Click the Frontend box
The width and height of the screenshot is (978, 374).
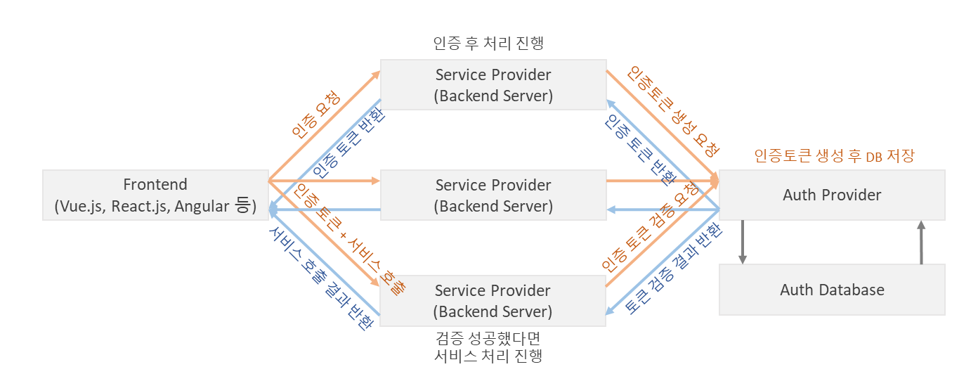[x=155, y=195]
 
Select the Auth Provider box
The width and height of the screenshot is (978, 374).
[x=832, y=195]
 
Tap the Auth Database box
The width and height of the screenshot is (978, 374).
[x=832, y=289]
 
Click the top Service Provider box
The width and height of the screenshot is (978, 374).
[x=493, y=84]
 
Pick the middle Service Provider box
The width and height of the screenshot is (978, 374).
[x=493, y=195]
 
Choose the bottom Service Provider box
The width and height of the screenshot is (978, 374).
[x=493, y=300]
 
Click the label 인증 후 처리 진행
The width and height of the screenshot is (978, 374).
[x=489, y=43]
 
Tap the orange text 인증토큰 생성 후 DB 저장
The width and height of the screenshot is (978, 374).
[x=834, y=156]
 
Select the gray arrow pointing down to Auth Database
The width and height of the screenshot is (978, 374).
[x=743, y=243]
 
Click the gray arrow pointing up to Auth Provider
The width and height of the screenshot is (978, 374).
[x=922, y=243]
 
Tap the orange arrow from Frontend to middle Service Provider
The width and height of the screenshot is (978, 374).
[x=323, y=181]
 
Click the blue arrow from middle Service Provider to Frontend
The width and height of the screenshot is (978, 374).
[x=323, y=209]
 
